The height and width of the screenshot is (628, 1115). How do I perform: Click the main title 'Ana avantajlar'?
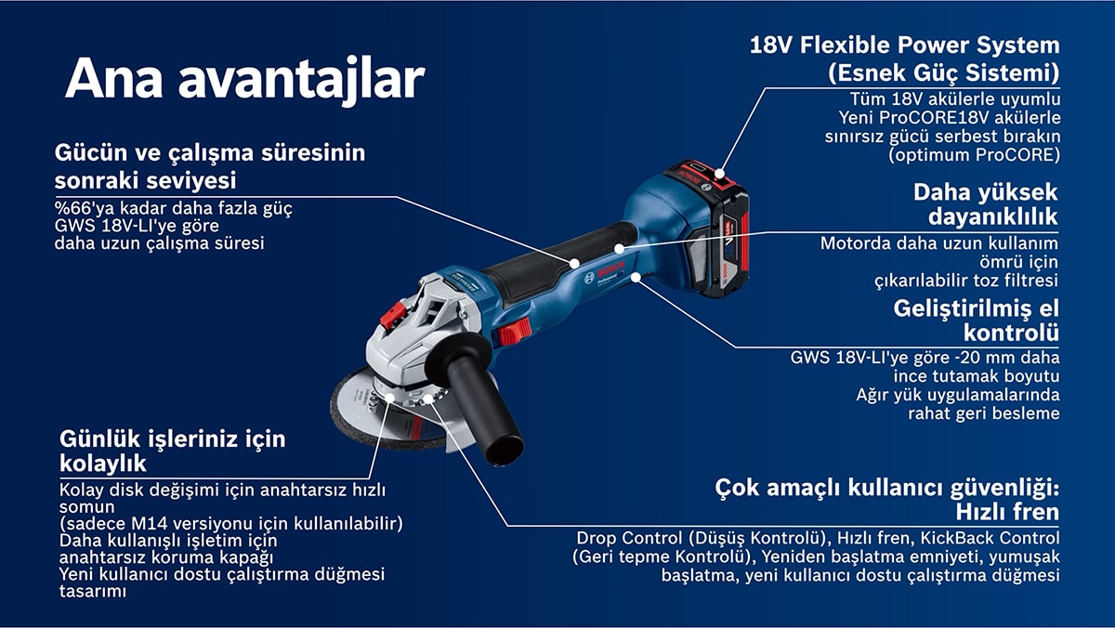(x=245, y=80)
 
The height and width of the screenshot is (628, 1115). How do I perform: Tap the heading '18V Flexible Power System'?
(x=905, y=45)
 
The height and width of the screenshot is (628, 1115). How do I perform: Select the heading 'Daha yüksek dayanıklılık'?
(x=986, y=204)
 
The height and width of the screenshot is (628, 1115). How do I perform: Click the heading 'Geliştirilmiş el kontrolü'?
(x=977, y=320)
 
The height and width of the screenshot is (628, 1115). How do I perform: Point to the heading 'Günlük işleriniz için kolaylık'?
(x=173, y=451)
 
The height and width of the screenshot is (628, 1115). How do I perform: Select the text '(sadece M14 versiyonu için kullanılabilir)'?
(x=231, y=524)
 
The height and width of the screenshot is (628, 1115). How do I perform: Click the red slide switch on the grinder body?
(x=515, y=332)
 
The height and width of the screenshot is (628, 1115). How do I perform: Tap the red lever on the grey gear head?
(x=393, y=315)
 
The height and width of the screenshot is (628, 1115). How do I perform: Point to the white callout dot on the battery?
(x=720, y=173)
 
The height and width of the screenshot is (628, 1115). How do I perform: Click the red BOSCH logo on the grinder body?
(x=610, y=270)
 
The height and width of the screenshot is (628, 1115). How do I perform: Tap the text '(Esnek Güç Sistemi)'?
(x=944, y=72)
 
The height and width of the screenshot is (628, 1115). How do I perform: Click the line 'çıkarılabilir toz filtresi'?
(x=966, y=281)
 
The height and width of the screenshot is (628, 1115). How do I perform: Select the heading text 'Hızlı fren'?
(x=1007, y=512)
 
